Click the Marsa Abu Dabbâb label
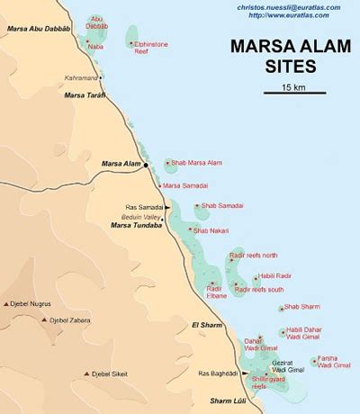click(x=40, y=30)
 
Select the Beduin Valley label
click(x=143, y=217)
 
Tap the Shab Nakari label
click(x=211, y=231)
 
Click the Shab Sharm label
click(x=301, y=308)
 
